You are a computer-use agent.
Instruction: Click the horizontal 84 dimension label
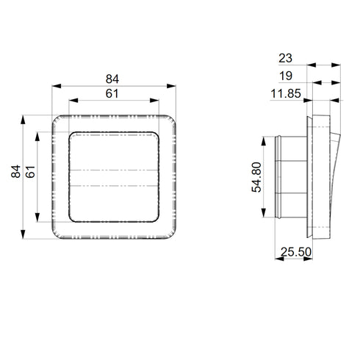(x=112, y=79)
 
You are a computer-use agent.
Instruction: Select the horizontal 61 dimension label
(x=112, y=93)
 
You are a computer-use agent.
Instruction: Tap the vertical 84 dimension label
(x=16, y=171)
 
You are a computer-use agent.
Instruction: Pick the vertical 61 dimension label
(x=30, y=172)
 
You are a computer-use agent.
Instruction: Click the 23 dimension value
(x=285, y=58)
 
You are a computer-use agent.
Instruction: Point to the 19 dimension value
(x=286, y=76)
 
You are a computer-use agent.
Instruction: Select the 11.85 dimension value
(x=286, y=93)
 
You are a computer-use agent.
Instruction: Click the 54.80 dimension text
(x=256, y=177)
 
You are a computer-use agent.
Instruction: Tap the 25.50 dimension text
(x=296, y=252)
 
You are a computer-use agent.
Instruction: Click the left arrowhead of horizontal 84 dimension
(x=57, y=86)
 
